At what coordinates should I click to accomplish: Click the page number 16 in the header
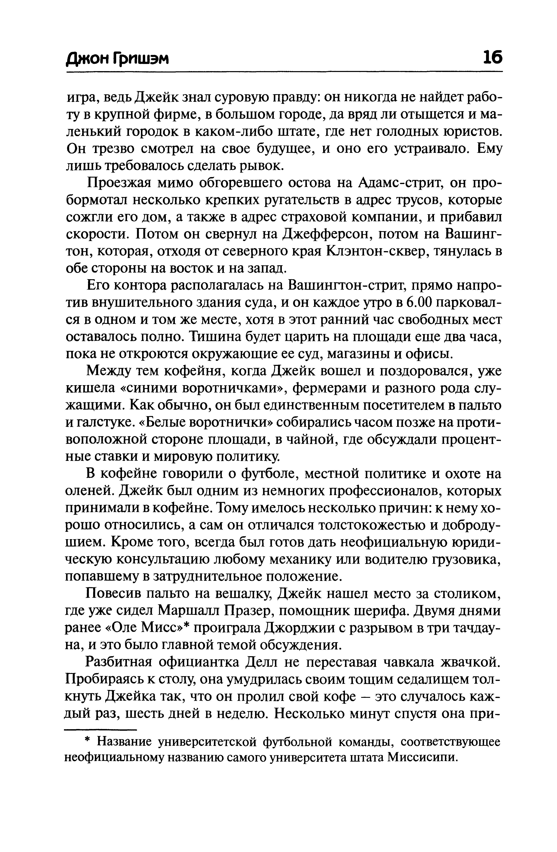(x=492, y=57)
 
